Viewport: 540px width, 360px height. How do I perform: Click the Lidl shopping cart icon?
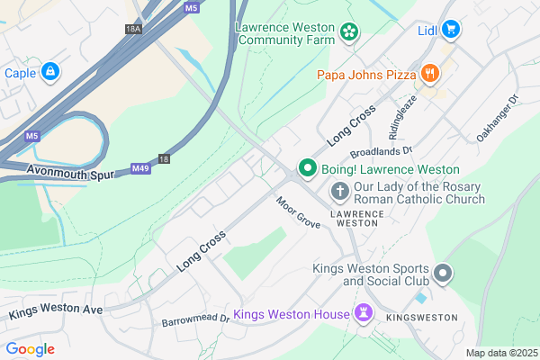click(452, 30)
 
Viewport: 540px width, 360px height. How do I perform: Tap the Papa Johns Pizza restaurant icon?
click(431, 73)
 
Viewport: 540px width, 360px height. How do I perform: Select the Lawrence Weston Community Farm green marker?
click(348, 33)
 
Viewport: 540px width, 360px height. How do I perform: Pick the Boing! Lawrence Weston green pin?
click(307, 168)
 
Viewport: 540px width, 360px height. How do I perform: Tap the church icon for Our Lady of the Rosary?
click(339, 190)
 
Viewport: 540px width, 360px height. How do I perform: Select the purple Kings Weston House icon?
click(364, 314)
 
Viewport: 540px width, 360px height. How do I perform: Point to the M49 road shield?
click(139, 167)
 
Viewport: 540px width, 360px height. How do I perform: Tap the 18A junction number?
click(134, 30)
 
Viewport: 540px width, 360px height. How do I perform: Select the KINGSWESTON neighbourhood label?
click(422, 319)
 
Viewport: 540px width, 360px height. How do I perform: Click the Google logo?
click(31, 348)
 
